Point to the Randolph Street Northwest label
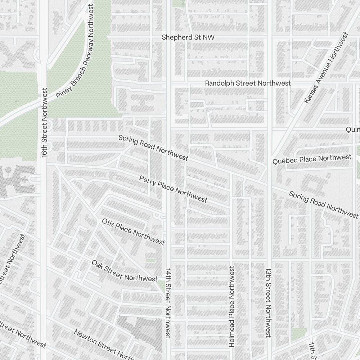pos(248,83)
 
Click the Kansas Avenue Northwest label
pos(326,68)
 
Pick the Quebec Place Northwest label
pos(312,159)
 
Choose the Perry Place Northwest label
pos(173,189)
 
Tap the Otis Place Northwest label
pos(133,231)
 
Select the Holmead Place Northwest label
pos(231,306)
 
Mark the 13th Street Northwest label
pos(268,302)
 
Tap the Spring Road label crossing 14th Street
pos(153,148)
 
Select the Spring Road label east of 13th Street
pos(324,204)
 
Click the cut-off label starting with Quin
pos(352,129)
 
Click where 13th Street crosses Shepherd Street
pos(269,37)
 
